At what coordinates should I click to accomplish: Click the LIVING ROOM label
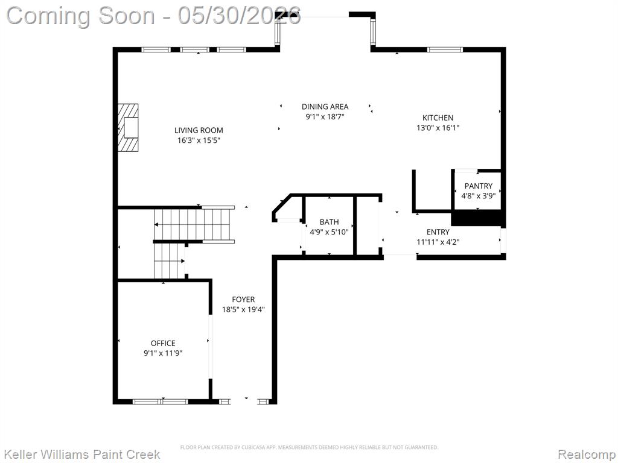pyautogui.click(x=199, y=130)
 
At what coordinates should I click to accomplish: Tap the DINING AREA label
pyautogui.click(x=325, y=107)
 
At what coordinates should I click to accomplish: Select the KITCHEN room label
pyautogui.click(x=438, y=118)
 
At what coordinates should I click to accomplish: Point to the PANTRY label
pyautogui.click(x=479, y=186)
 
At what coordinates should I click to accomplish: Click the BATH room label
pyautogui.click(x=329, y=222)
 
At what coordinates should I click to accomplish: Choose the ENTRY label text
pyautogui.click(x=438, y=232)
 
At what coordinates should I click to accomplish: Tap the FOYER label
pyautogui.click(x=243, y=300)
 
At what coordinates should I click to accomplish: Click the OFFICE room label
pyautogui.click(x=163, y=343)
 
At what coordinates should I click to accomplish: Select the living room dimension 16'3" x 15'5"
pyautogui.click(x=199, y=140)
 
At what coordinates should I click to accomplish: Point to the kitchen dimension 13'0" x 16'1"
pyautogui.click(x=438, y=128)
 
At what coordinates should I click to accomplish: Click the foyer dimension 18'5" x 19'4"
pyautogui.click(x=243, y=310)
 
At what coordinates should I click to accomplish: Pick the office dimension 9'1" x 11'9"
pyautogui.click(x=163, y=353)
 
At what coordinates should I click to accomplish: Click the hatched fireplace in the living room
pyautogui.click(x=129, y=128)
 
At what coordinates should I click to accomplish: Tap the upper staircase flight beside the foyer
pyautogui.click(x=194, y=224)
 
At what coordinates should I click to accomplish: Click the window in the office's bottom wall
pyautogui.click(x=161, y=402)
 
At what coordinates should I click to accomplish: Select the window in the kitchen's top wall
pyautogui.click(x=445, y=49)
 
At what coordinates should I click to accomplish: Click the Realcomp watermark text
pyautogui.click(x=587, y=455)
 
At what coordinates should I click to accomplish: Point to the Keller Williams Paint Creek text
pyautogui.click(x=81, y=455)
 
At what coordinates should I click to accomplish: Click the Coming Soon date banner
pyautogui.click(x=154, y=16)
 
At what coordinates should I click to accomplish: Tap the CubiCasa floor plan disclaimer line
pyautogui.click(x=309, y=447)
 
